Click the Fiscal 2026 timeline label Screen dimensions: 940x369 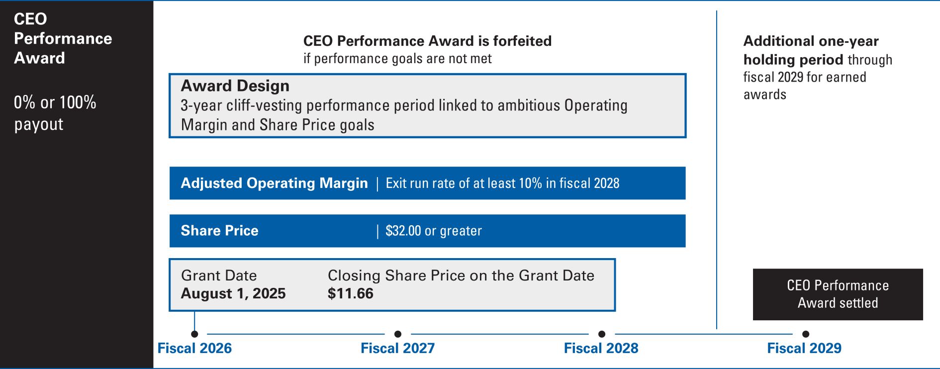click(194, 348)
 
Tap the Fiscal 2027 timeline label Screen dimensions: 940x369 click(398, 348)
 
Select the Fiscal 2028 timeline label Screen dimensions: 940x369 click(601, 348)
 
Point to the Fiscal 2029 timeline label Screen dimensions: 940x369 click(804, 348)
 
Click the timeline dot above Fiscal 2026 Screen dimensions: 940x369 click(194, 334)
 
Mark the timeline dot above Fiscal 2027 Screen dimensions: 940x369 click(398, 334)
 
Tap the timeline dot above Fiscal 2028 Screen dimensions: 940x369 click(602, 334)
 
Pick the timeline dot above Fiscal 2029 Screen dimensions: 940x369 click(806, 334)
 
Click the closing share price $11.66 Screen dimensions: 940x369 click(351, 293)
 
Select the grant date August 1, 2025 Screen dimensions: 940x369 click(233, 293)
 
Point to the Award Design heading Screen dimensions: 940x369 click(235, 86)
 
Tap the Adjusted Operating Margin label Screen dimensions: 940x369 click(275, 184)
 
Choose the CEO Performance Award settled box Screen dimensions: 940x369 click(838, 294)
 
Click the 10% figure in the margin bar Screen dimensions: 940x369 click(530, 184)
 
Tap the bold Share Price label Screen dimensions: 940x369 click(220, 231)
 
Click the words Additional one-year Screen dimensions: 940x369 click(811, 41)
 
